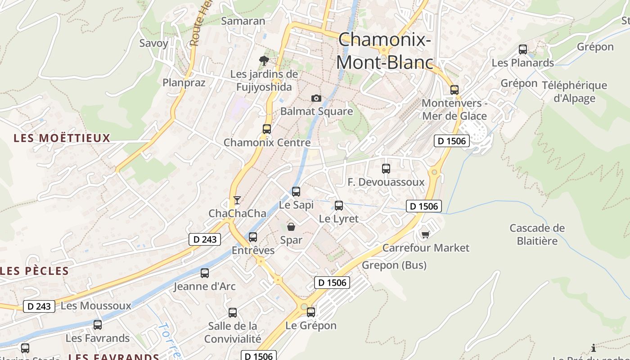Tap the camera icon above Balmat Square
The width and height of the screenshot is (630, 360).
coord(316,98)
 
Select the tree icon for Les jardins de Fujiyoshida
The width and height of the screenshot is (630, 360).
coord(264,60)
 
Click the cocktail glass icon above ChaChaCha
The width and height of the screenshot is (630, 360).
coord(237,200)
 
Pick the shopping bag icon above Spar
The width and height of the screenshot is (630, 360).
coord(291,226)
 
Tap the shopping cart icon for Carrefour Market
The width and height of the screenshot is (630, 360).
coord(425,234)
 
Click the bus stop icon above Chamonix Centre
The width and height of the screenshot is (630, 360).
coord(267,129)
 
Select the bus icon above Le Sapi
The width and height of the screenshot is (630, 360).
coord(296,192)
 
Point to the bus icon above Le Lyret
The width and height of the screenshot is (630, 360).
coord(339,206)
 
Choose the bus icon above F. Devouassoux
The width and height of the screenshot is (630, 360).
coord(386,169)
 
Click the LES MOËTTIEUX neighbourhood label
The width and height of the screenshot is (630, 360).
coord(62,138)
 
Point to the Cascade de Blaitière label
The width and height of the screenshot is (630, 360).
coord(537,234)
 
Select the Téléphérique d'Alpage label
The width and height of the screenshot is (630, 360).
coord(574,92)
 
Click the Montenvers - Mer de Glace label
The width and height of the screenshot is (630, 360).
coord(454,109)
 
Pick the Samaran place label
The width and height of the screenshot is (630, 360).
coord(243,21)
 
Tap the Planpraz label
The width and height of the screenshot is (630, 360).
coord(184,83)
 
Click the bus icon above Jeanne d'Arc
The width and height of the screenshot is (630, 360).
coord(205,273)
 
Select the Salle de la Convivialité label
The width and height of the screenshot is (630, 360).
coord(233,332)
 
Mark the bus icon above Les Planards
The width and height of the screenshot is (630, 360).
coord(523,49)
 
